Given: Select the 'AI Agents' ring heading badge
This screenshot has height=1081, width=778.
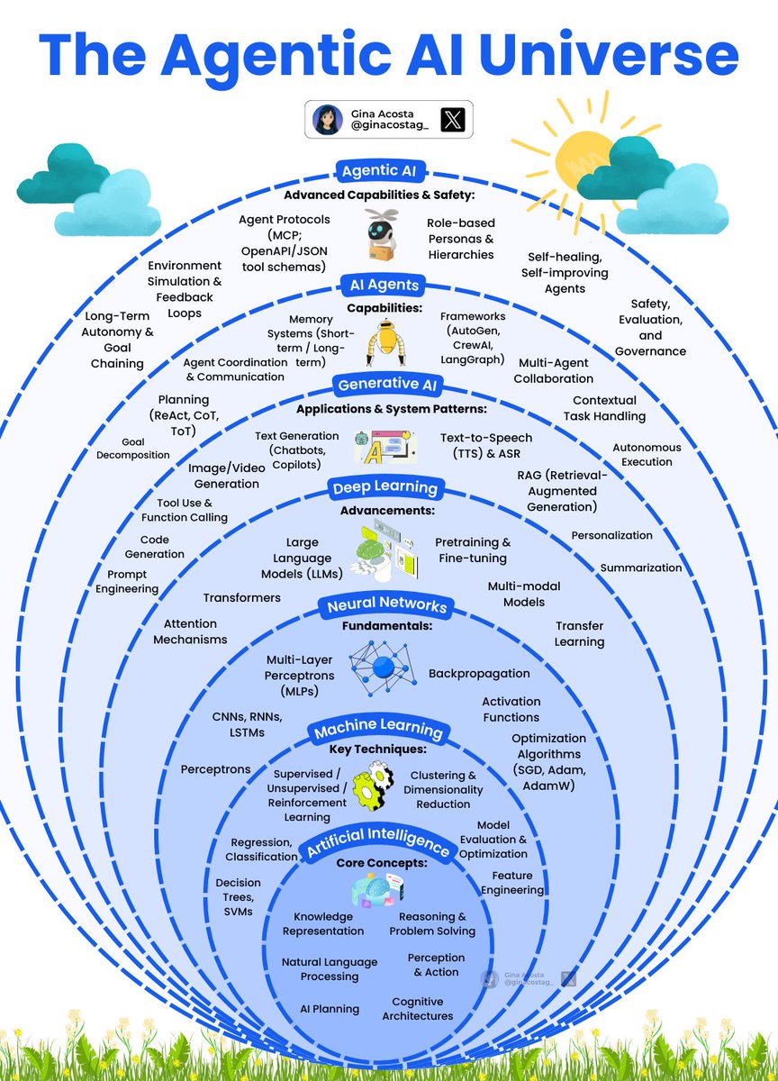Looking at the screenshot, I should coord(384,285).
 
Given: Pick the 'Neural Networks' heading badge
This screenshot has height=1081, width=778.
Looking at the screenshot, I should coord(387,606).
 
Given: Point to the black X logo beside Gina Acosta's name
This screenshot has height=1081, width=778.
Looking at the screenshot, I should coord(452,118).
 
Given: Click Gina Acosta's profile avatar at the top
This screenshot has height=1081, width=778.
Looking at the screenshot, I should coord(326,119).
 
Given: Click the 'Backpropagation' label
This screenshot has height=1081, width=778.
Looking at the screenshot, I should coord(479,673).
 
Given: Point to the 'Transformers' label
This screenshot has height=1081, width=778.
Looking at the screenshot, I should coord(241,597).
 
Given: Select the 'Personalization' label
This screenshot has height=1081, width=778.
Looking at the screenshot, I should coord(611,535).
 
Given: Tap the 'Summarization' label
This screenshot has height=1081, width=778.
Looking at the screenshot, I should coord(641,568).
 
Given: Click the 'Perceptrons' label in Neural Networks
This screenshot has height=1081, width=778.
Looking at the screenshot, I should coord(215,769).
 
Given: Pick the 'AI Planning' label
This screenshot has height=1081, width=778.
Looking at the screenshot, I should coord(330,1008).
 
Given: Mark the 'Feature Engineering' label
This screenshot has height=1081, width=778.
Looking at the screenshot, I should coord(512,883).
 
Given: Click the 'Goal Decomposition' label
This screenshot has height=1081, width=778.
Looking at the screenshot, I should coord(134,449).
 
